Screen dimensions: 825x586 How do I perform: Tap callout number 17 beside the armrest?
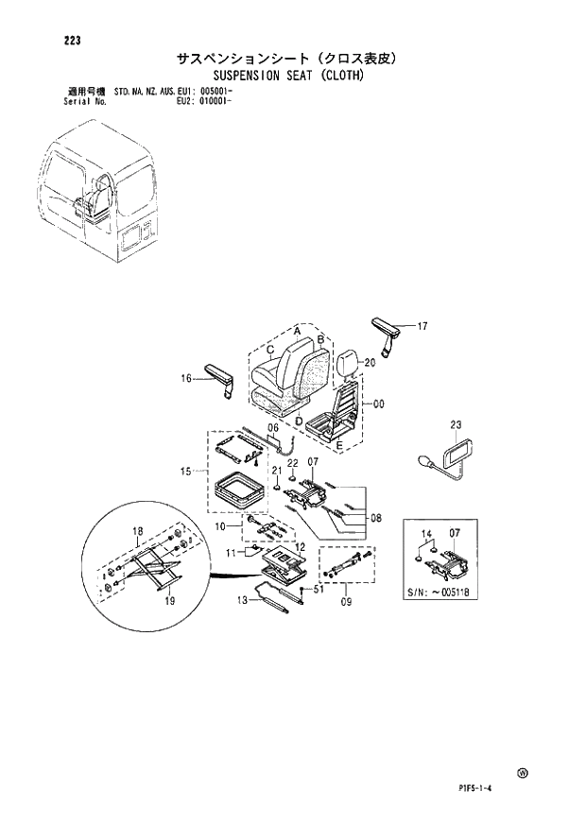(422, 327)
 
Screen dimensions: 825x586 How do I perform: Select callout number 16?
(186, 378)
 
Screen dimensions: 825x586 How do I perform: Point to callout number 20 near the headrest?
(370, 362)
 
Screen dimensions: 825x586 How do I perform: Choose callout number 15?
(186, 470)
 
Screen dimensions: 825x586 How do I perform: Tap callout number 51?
(319, 589)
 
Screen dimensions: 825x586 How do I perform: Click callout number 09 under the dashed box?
(346, 599)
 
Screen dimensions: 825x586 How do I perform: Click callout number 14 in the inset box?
(425, 535)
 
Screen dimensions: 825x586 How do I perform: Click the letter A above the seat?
(297, 331)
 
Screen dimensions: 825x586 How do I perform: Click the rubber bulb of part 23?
(426, 462)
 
